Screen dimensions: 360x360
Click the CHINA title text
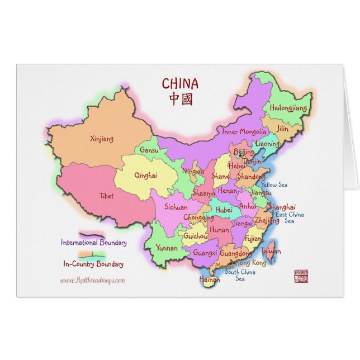(x=180, y=84)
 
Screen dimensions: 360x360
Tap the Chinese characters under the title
(x=180, y=100)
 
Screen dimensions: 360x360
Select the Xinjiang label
(x=101, y=139)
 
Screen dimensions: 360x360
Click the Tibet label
(x=106, y=196)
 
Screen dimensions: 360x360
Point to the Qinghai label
(x=145, y=175)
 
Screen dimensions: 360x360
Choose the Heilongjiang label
(x=288, y=107)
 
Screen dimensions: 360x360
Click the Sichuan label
(x=176, y=207)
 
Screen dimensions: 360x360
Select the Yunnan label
(x=167, y=248)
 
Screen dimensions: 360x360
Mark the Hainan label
(x=210, y=279)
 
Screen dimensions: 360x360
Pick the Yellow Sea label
(x=274, y=184)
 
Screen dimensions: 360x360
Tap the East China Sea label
(x=290, y=217)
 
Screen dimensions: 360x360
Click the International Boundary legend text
(x=93, y=243)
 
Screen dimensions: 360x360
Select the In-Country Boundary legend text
(x=93, y=264)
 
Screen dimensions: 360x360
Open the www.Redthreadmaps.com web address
(x=92, y=281)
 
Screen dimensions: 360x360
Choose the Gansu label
(x=149, y=150)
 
